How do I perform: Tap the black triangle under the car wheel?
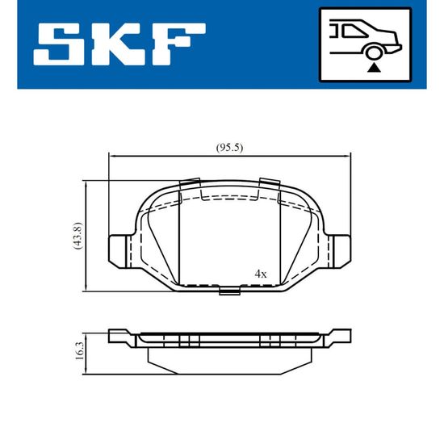click(x=374, y=68)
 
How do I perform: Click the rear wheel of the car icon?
click(x=374, y=52)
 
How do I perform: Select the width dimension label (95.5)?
click(x=229, y=148)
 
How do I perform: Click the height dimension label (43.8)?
click(x=77, y=236)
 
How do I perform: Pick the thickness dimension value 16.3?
click(x=80, y=351)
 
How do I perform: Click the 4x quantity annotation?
click(x=261, y=274)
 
